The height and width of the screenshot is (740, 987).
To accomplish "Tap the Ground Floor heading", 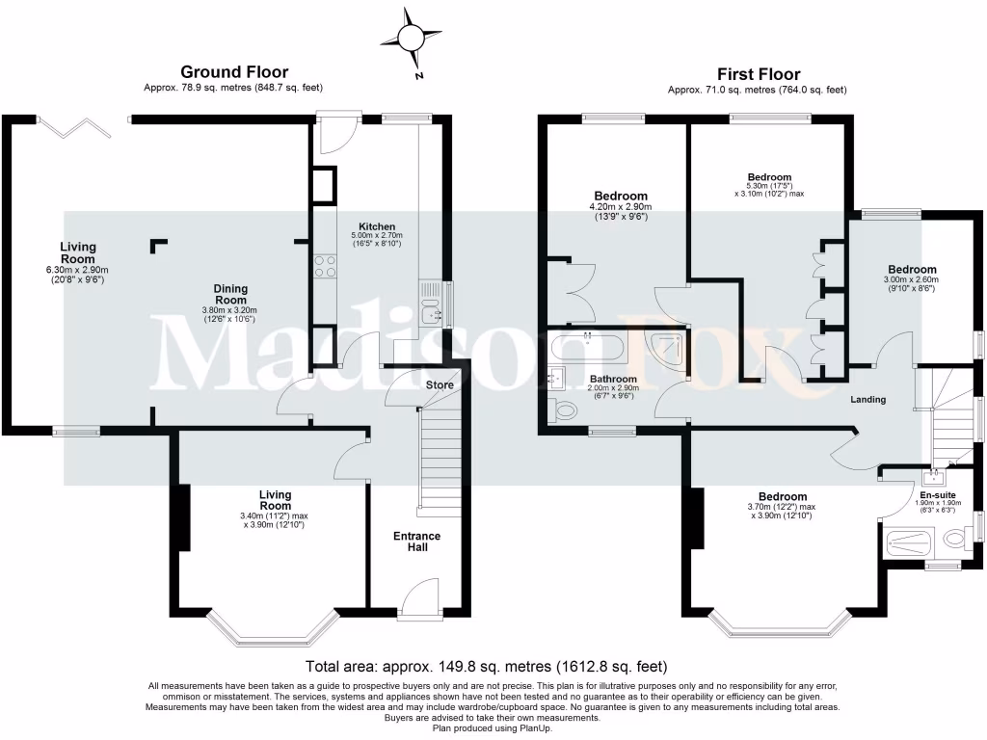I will (x=234, y=72).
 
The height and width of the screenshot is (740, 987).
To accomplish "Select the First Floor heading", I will (x=758, y=74).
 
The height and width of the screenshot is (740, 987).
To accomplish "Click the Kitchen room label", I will (x=377, y=225).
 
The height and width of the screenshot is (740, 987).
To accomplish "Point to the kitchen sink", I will (x=430, y=311).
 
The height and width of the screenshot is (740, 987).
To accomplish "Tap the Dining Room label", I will (x=230, y=294).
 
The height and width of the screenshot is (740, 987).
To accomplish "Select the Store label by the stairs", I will (x=440, y=385).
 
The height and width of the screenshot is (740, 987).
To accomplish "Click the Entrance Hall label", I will (x=417, y=542).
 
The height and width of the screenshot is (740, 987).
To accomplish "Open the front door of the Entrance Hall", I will (x=417, y=596).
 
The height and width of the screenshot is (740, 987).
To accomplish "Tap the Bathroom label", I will (x=613, y=380).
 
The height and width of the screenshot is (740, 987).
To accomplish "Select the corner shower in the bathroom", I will (x=669, y=351).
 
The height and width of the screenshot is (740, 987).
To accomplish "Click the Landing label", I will (x=867, y=400).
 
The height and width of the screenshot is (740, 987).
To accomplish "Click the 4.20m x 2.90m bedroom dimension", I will (x=620, y=206).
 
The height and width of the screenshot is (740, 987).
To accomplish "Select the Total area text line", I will (x=486, y=666).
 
